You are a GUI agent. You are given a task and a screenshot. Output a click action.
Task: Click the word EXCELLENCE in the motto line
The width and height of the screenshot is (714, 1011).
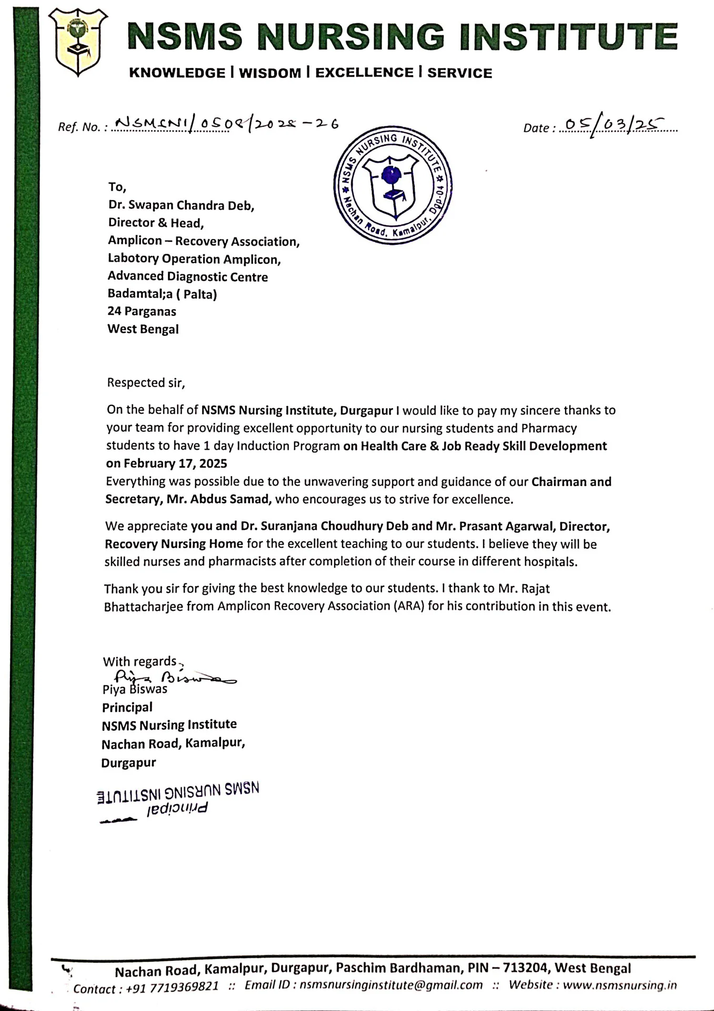tap(364, 73)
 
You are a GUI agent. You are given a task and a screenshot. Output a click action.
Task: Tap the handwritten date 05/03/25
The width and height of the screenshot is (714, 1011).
tap(610, 125)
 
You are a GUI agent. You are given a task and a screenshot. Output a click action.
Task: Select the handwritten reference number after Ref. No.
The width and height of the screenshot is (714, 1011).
tap(226, 124)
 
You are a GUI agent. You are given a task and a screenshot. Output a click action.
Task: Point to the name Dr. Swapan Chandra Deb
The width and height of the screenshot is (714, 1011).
tap(181, 205)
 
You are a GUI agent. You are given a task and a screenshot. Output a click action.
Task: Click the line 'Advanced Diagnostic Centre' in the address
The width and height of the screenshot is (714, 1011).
tap(188, 276)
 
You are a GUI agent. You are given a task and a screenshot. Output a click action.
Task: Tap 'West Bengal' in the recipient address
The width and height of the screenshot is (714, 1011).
tap(143, 329)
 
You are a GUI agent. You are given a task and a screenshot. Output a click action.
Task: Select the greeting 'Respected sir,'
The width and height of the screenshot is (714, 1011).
tap(146, 383)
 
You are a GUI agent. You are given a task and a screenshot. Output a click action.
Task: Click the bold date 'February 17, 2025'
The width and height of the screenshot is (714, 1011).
tap(175, 464)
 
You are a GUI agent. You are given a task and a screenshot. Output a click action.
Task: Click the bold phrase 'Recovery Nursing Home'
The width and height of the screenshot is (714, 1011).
tap(174, 544)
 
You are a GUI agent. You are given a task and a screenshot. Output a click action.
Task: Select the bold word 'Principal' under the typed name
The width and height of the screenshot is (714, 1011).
tap(127, 707)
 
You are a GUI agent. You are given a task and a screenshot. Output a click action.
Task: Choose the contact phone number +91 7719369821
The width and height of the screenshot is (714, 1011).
tap(173, 986)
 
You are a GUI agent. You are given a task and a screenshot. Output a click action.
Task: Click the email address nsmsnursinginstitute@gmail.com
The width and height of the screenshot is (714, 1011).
tap(391, 985)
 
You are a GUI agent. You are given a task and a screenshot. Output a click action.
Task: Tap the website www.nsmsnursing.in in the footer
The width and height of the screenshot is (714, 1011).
tap(619, 985)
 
